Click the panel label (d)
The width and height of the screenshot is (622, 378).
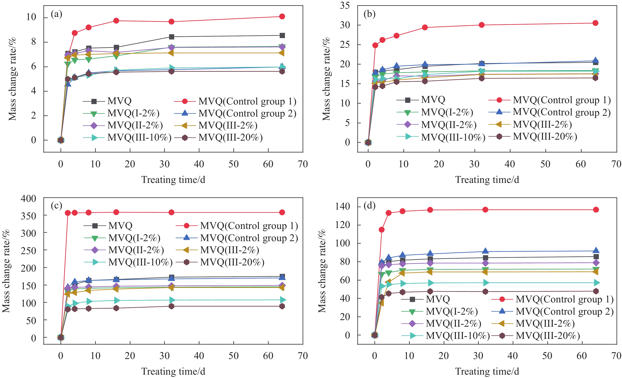click(x=369, y=206)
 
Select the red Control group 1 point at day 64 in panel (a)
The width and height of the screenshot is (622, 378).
click(x=282, y=16)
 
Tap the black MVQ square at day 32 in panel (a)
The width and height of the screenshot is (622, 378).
click(x=171, y=37)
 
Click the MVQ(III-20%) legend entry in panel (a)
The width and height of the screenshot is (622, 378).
click(x=230, y=138)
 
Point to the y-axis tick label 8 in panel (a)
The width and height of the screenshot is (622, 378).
click(x=34, y=42)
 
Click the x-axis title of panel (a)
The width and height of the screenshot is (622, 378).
click(x=173, y=180)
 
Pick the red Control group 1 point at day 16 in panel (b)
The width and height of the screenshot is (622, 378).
click(x=425, y=27)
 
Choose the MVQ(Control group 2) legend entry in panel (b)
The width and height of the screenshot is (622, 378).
click(x=561, y=112)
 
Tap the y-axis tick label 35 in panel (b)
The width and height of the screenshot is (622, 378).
click(x=345, y=6)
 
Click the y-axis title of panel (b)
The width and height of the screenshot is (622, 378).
click(x=326, y=79)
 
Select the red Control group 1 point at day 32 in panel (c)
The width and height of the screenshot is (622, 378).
click(x=171, y=212)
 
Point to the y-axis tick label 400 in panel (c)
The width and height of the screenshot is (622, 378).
click(x=28, y=199)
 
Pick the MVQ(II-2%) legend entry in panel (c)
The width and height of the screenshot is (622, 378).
click(x=136, y=250)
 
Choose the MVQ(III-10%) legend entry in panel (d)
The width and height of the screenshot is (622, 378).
click(x=457, y=336)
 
